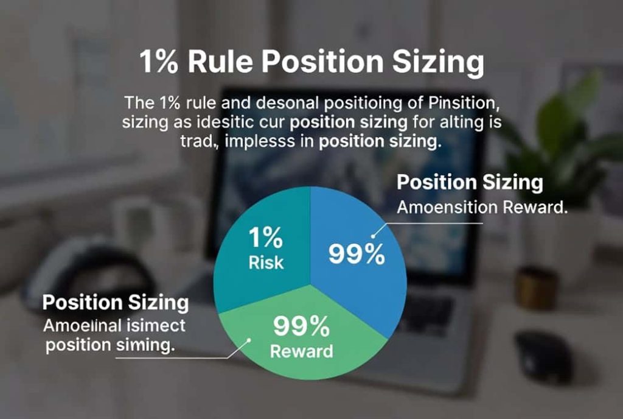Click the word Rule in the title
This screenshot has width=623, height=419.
[220, 62]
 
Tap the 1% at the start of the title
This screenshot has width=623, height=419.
[159, 62]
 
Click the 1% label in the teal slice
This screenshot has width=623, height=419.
[265, 238]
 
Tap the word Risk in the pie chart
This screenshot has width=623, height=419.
[266, 262]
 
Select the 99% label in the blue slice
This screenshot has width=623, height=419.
[357, 253]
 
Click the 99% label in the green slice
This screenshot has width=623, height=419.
[301, 326]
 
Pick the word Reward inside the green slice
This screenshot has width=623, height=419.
[302, 351]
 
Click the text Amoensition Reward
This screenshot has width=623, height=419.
[482, 208]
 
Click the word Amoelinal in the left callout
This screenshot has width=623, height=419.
[82, 326]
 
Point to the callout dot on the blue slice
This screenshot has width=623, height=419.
[373, 236]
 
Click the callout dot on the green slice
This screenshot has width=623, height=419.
[249, 340]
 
